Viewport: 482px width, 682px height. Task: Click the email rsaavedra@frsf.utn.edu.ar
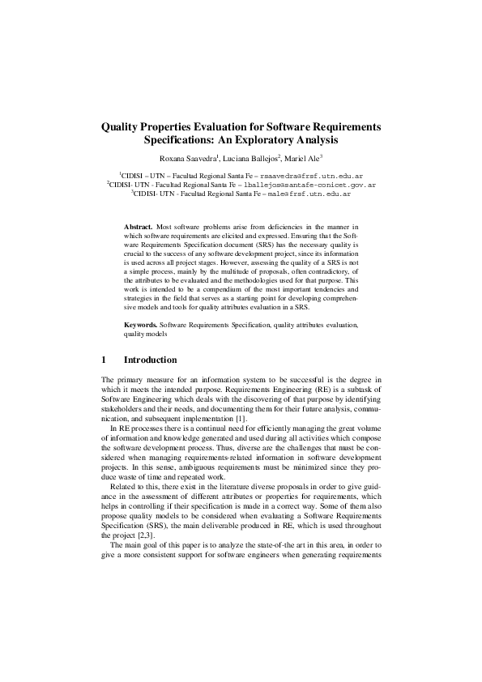[x=311, y=175]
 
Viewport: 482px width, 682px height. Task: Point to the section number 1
[x=104, y=360]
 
